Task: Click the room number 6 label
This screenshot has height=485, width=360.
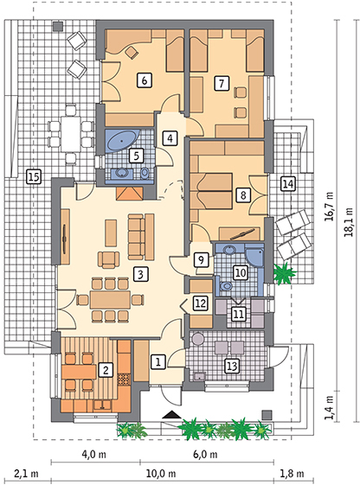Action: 145,80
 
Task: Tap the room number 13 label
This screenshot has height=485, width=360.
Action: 232,366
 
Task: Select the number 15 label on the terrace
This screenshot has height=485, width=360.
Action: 34,177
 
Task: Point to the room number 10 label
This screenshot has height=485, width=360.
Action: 241,273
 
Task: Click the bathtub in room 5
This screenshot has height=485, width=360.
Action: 123,141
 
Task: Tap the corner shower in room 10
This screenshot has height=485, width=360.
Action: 254,257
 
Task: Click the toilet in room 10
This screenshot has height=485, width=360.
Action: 227,286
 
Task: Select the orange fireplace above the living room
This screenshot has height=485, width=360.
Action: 130,194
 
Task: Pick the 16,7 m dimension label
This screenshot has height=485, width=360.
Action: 329,206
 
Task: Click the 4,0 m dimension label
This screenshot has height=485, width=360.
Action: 94,455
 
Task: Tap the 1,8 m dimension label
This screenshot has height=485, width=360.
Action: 292,474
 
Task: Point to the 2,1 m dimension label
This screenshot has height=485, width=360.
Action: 26,474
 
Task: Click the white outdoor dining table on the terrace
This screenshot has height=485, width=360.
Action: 71,134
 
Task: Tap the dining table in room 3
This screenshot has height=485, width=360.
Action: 110,299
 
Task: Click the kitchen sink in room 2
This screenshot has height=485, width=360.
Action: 102,405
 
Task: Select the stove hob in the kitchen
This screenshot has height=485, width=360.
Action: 125,380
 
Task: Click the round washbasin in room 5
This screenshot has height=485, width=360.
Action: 123,173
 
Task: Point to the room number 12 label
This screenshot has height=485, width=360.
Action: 200,303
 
